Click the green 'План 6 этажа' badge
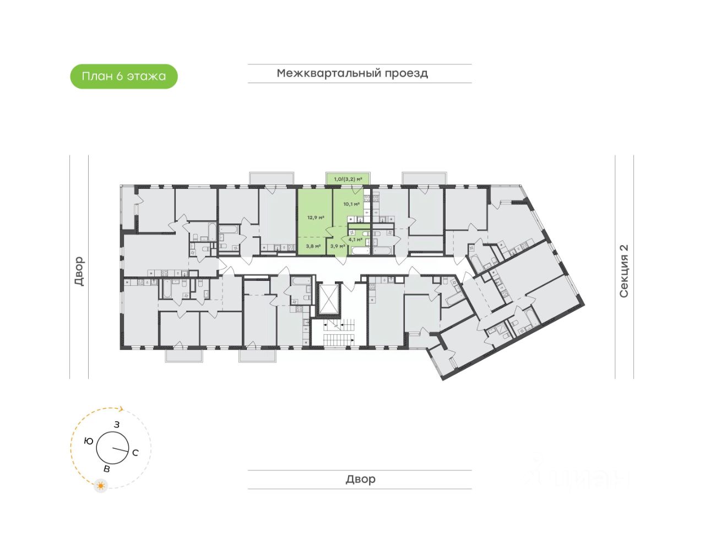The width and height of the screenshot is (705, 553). (x=124, y=77)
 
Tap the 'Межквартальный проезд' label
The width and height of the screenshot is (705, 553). (x=352, y=73)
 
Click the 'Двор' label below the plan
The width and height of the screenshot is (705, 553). (x=360, y=479)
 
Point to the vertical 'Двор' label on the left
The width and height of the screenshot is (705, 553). (x=79, y=271)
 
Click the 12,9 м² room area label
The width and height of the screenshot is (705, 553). (x=316, y=217)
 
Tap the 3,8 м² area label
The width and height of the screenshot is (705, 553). (x=313, y=246)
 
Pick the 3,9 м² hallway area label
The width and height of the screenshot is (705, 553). (x=337, y=246)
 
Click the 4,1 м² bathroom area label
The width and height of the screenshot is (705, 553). (x=355, y=240)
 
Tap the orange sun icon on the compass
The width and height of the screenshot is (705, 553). (x=100, y=486)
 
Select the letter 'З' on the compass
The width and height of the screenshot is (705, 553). (x=117, y=425)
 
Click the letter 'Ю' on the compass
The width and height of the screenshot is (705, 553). (x=88, y=441)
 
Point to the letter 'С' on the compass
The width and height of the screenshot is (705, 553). (x=135, y=453)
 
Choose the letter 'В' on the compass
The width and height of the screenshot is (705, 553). (x=107, y=469)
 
